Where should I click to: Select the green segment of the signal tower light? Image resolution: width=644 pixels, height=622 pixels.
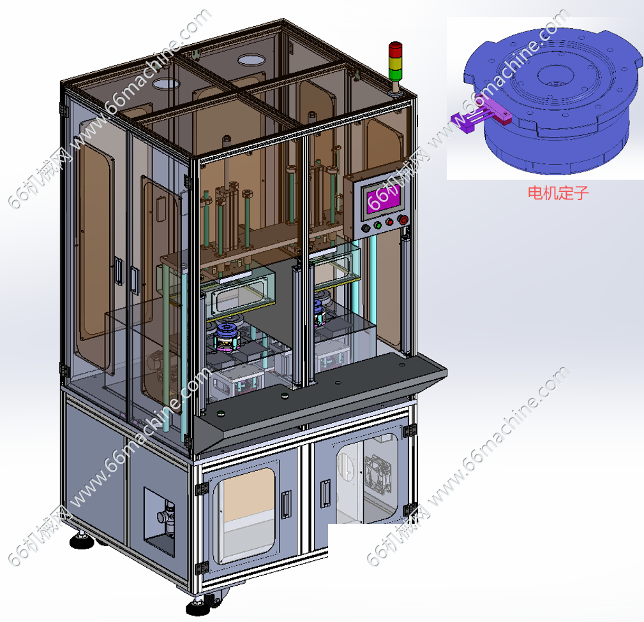(x=396, y=74)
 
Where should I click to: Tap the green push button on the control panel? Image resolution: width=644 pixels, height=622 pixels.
(x=378, y=225)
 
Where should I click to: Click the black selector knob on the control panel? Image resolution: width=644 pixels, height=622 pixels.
(x=366, y=228)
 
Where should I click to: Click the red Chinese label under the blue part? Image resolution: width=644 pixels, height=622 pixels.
(x=558, y=192)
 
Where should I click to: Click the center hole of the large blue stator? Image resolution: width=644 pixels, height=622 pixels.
(x=553, y=75)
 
